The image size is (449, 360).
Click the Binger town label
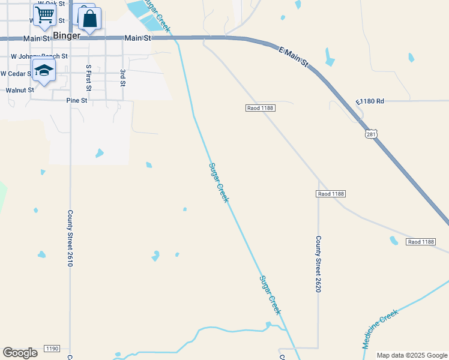[x=67, y=35]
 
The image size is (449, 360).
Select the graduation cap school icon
[x=44, y=71]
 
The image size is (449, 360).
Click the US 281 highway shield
[x=372, y=134]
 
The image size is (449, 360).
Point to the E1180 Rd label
[x=369, y=101]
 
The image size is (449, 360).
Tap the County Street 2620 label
[x=319, y=263]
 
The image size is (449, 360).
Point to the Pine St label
[x=77, y=101]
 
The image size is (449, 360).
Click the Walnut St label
[x=19, y=90]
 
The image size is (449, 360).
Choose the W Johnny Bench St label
[x=40, y=56]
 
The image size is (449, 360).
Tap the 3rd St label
[x=122, y=77]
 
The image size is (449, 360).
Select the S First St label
[x=88, y=78]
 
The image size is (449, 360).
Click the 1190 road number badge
[x=52, y=349]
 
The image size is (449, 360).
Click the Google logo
[x=20, y=353]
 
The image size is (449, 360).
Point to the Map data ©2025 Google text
[x=411, y=355]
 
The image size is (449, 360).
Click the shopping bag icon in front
[x=89, y=19]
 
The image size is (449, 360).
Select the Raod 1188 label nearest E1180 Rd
[x=260, y=108]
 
